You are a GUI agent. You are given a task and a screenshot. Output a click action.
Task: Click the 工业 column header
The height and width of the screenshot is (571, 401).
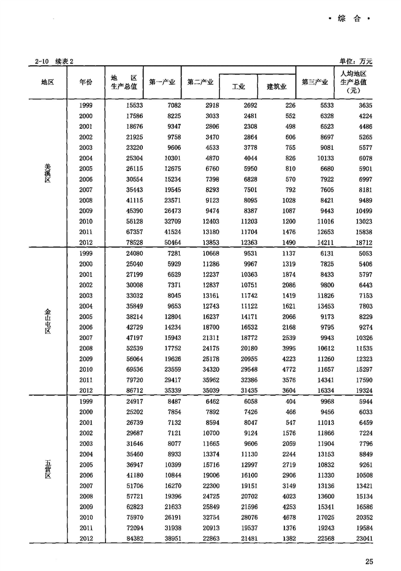pos(239,86)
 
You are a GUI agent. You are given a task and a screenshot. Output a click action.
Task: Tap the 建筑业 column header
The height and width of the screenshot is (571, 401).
pos(276,86)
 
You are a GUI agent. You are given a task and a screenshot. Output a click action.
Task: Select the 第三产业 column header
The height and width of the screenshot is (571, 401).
pos(315,83)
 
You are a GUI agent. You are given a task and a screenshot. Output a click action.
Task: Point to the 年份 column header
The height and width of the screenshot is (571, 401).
pos(86,82)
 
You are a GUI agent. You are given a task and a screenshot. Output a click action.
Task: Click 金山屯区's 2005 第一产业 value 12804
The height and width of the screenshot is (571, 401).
pos(164,317)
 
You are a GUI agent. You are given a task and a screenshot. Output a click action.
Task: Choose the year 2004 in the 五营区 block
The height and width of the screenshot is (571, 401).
pos(85,454)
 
